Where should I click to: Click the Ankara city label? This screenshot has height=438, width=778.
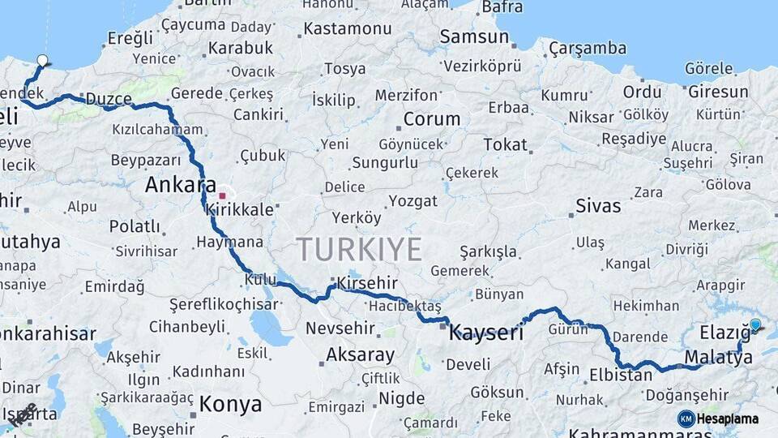(180, 185)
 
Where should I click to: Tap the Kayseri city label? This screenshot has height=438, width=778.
(486, 333)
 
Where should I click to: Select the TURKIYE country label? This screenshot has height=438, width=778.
(359, 249)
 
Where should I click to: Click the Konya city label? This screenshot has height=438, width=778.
(230, 404)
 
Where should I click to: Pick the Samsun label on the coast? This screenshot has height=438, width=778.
(474, 36)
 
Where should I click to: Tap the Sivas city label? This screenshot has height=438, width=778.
(598, 204)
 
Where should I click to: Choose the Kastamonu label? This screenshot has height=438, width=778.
(347, 29)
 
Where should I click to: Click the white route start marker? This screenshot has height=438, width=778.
(42, 60)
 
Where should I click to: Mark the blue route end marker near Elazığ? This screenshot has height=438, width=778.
(755, 325)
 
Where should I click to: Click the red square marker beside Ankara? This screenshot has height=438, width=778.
(222, 195)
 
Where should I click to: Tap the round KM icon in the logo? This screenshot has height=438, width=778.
(686, 419)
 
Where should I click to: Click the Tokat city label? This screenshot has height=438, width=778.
(505, 145)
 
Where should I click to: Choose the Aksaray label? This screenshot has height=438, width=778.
(360, 355)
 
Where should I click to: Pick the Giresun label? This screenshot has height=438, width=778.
(718, 92)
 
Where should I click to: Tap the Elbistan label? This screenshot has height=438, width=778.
(621, 376)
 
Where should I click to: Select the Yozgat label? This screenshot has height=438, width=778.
(413, 200)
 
